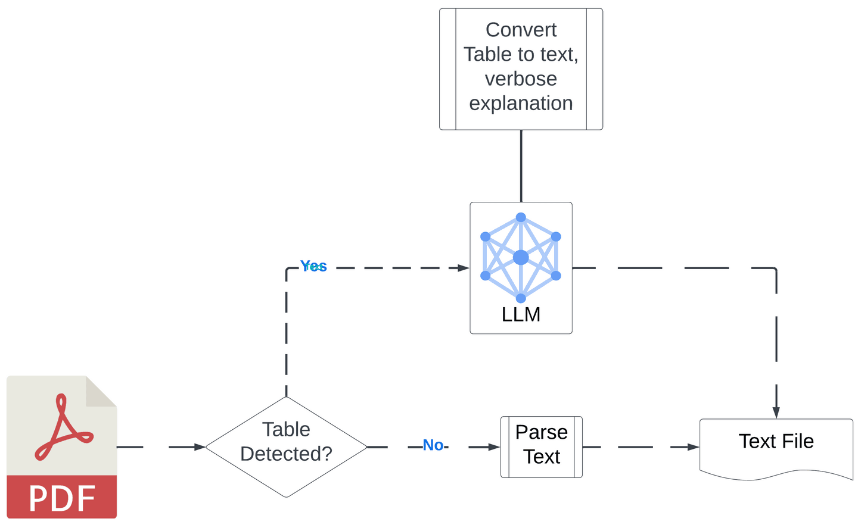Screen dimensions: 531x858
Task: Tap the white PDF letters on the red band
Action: pos(62,498)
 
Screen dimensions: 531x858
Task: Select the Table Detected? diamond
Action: pos(286,446)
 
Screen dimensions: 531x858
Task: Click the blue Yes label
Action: pos(313,266)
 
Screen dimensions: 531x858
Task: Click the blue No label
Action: pos(433,445)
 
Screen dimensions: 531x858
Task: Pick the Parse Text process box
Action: pos(541,446)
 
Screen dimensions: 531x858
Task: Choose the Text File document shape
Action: pos(776,446)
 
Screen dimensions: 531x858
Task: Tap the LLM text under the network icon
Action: pos(521,314)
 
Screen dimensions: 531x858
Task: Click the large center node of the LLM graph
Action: pos(521,257)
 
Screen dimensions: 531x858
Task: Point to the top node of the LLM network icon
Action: pos(521,217)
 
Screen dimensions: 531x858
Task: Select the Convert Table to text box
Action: pos(521,69)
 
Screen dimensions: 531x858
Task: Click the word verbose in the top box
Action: pos(521,79)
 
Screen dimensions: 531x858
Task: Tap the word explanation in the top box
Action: pos(521,104)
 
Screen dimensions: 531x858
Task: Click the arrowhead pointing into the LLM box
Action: pos(463,268)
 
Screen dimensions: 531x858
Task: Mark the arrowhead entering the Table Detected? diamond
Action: pos(200,446)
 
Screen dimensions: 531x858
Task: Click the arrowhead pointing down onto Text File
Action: pos(776,413)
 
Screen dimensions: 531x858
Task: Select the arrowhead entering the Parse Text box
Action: pos(494,446)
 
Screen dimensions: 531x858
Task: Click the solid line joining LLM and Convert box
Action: pos(521,166)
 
